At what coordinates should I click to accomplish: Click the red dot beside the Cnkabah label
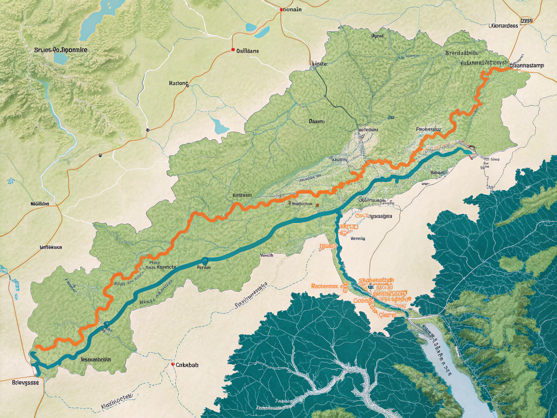coord(173,364)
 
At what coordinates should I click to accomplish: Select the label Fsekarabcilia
coord(96,360)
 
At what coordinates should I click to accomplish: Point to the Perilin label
coord(204,268)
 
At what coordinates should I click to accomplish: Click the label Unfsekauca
coord(51,247)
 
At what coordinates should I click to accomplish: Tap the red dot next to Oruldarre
coord(233,50)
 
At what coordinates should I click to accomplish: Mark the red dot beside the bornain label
coord(281,9)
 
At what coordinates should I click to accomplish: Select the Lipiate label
coord(319,64)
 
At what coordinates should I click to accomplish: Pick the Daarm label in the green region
coord(317,121)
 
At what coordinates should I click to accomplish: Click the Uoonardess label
coord(503,26)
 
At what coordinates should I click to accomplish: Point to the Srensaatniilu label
coord(462,53)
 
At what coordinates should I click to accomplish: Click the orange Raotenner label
coord(325,286)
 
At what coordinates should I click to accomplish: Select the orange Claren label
coord(387,315)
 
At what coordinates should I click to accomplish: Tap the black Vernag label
coord(358,238)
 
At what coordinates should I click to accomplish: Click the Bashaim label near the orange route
coord(242,196)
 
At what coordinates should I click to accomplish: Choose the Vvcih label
coord(267,255)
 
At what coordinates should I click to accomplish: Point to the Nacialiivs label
coord(40,203)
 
